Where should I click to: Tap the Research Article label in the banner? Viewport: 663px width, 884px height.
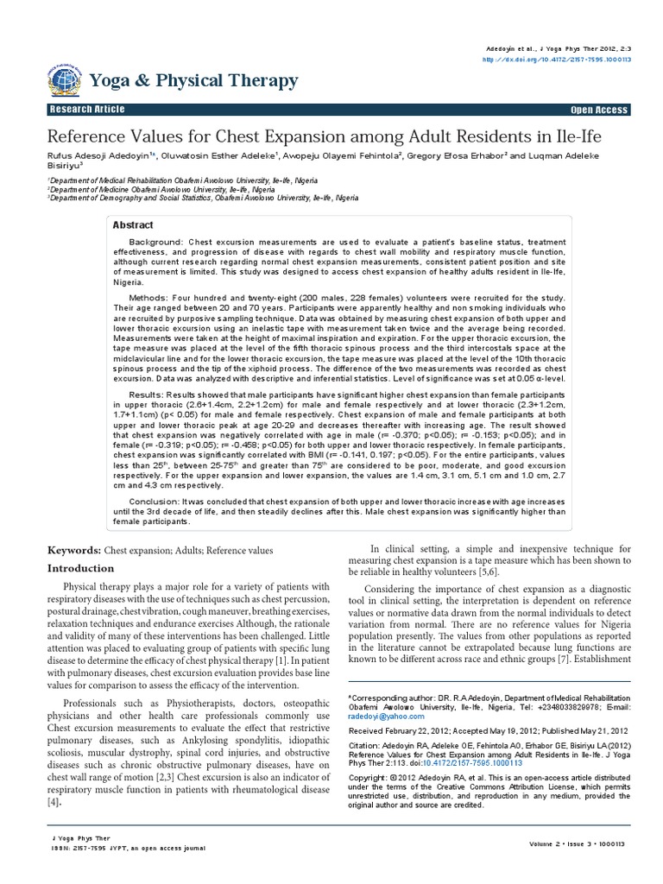pos(88,110)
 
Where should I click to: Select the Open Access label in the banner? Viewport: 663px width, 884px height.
pos(600,110)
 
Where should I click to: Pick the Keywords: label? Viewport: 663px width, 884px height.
pos(73,550)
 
